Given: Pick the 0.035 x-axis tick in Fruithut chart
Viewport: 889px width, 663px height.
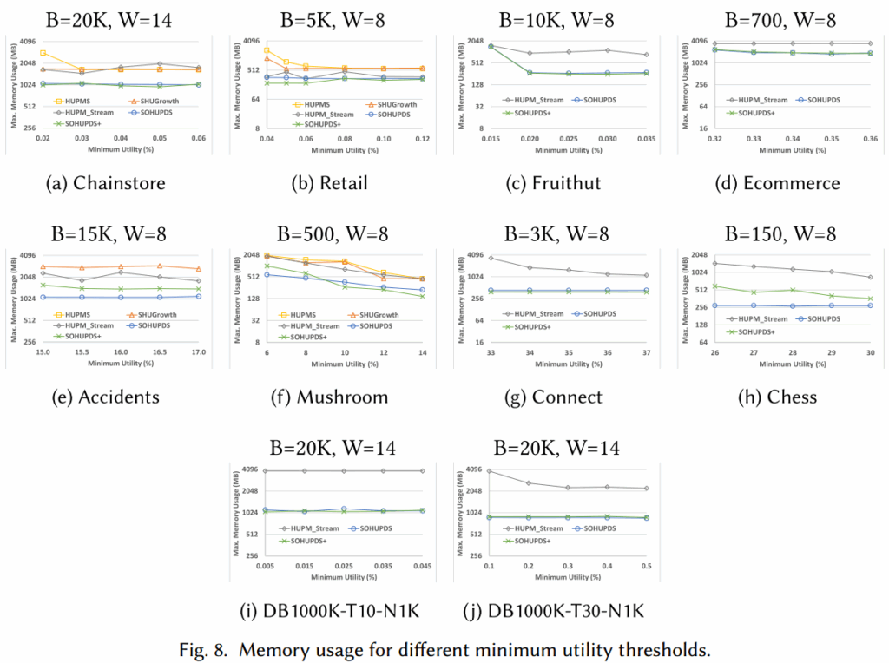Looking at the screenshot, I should (645, 139).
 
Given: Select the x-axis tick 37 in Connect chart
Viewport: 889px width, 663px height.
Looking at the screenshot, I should (645, 353).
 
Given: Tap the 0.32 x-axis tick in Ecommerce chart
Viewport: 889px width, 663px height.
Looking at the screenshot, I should (714, 139).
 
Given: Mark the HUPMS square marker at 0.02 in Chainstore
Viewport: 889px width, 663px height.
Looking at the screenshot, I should (43, 53).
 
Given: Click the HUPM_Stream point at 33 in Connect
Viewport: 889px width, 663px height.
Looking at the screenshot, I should (491, 258).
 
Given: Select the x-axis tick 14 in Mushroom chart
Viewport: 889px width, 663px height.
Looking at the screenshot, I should (423, 353).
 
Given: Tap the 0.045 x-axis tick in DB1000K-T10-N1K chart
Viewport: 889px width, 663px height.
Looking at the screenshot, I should (423, 566).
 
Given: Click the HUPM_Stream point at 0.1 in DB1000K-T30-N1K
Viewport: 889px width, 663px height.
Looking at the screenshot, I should (491, 470).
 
